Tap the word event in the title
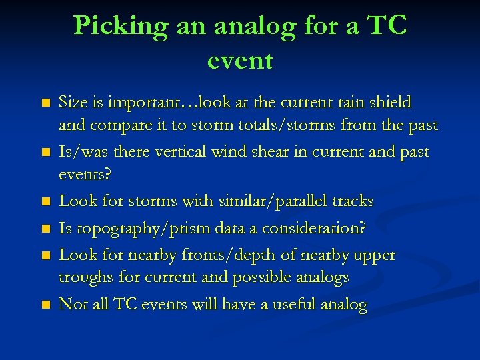point(240,61)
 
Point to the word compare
point(113,125)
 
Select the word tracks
point(351,201)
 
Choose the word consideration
point(304,229)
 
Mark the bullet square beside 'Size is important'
point(45,104)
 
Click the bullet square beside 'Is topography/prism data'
point(45,229)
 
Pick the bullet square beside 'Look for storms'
point(45,201)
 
